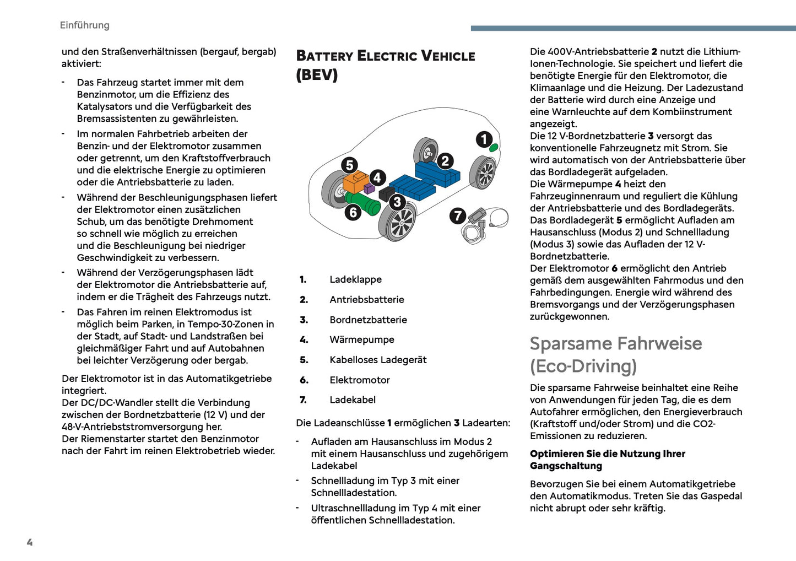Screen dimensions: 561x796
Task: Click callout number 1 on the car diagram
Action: tap(484, 139)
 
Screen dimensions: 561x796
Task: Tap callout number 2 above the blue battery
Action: tap(445, 161)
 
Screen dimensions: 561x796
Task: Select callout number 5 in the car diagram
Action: tap(349, 165)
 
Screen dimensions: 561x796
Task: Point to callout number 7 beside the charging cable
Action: tap(457, 215)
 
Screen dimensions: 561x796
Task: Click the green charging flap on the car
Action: tap(494, 148)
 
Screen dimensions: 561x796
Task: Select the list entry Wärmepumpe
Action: tap(361, 339)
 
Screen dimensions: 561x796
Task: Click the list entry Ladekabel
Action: tap(353, 400)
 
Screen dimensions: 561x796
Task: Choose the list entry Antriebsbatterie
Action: tap(366, 299)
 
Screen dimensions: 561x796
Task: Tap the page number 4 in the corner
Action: tap(30, 542)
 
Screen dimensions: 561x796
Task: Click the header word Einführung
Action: tap(84, 25)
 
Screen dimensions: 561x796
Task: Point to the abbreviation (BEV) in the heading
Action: tap(317, 74)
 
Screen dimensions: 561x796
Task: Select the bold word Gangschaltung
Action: tap(566, 466)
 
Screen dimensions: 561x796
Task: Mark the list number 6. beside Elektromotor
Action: tap(304, 380)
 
